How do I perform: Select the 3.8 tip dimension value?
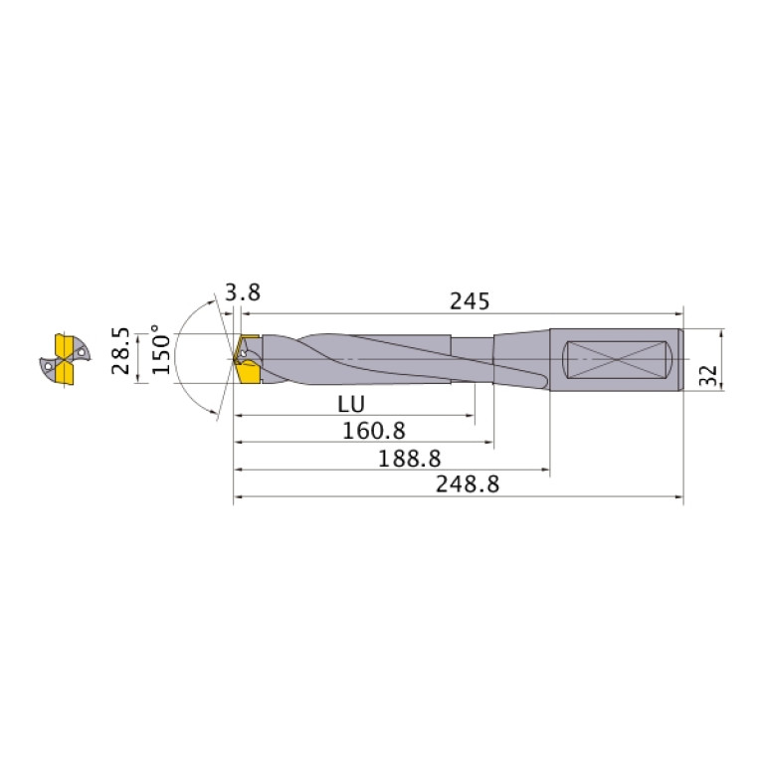[x=243, y=292]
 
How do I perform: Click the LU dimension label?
[x=349, y=405]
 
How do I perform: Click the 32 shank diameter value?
[x=709, y=375]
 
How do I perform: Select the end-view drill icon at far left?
[x=66, y=358]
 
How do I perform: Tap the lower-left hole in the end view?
[x=49, y=367]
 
